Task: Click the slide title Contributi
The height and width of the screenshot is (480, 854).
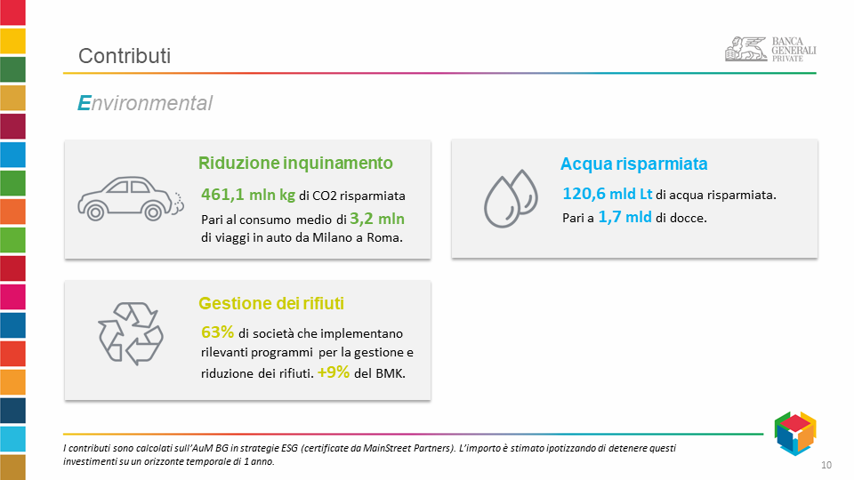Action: click(125, 55)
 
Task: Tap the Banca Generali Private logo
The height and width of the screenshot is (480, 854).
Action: click(770, 49)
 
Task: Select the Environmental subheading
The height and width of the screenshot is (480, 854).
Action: click(145, 103)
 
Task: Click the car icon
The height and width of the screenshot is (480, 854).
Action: click(131, 198)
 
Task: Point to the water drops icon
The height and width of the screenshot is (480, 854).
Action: click(511, 198)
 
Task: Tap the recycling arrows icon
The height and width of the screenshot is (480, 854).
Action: click(131, 333)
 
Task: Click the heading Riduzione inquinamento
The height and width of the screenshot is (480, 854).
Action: click(295, 163)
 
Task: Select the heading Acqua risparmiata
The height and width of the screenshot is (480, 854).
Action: click(634, 164)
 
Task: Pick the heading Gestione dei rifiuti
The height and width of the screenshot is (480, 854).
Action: click(271, 303)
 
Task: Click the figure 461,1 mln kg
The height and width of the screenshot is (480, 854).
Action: click(248, 195)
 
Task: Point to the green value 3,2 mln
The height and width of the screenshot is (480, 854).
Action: click(377, 219)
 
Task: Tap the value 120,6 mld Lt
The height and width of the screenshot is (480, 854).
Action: click(608, 194)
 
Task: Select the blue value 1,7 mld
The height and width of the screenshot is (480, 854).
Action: click(625, 217)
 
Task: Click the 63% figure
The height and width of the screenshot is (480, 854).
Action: click(217, 332)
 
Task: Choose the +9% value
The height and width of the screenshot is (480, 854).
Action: click(334, 372)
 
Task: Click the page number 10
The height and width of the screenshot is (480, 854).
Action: click(826, 465)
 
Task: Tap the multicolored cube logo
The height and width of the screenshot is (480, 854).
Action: click(795, 433)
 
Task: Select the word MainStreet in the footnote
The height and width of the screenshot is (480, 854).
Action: click(387, 448)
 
